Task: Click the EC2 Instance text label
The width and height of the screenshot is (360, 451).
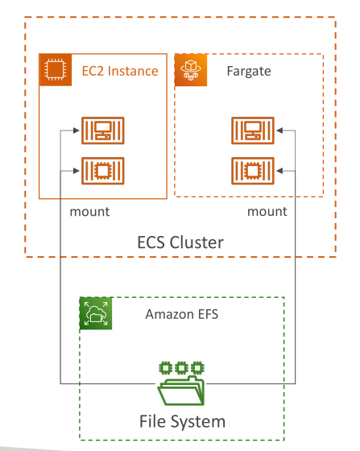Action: click(120, 71)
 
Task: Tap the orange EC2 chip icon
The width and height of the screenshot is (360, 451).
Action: click(56, 69)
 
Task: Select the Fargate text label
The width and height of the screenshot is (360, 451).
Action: click(249, 72)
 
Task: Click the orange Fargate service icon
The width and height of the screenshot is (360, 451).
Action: click(191, 69)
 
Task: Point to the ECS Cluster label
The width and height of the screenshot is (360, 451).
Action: click(180, 242)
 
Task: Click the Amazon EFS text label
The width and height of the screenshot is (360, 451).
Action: click(182, 314)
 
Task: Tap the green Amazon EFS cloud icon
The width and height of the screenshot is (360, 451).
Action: click(96, 313)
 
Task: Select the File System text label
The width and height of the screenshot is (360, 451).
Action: click(182, 422)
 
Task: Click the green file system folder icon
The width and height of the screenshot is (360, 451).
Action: click(181, 383)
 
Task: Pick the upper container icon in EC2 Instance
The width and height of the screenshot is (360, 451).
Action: click(103, 130)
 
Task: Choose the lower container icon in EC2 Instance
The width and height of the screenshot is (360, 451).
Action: click(103, 171)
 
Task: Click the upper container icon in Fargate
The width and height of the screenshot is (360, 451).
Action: click(253, 130)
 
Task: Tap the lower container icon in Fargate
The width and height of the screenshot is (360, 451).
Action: click(253, 171)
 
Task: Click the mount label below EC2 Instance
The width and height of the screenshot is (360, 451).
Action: click(89, 212)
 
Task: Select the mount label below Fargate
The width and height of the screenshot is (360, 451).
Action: click(267, 212)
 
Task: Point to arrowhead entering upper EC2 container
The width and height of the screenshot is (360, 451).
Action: click(77, 130)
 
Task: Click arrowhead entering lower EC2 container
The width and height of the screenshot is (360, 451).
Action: click(77, 171)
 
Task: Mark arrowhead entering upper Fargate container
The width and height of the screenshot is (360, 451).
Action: click(279, 130)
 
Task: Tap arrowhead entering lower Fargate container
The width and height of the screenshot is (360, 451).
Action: click(279, 171)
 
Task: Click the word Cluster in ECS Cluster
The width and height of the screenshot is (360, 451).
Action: click(197, 242)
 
